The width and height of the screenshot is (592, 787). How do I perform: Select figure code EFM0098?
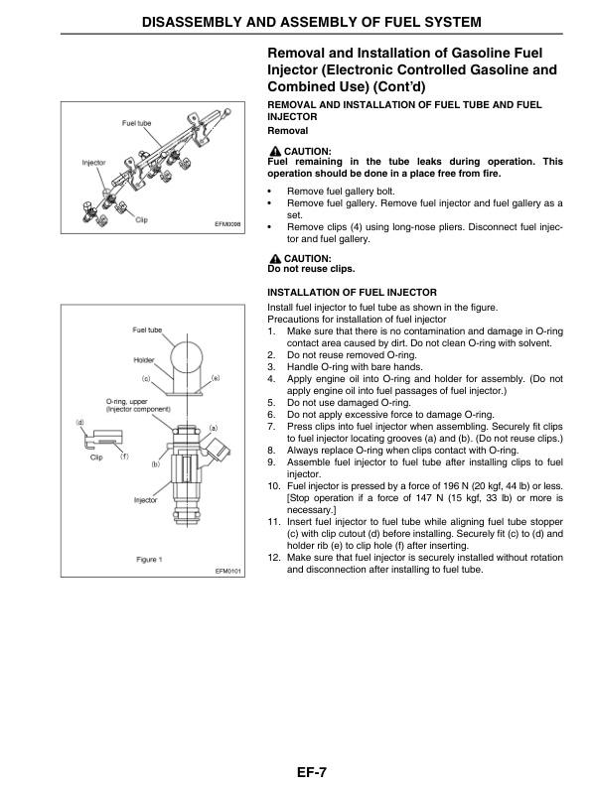point(228,224)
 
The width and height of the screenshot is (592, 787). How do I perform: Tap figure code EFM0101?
point(228,571)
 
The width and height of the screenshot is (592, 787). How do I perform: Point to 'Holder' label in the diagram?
point(144,359)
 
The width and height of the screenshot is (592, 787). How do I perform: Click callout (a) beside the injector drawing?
point(214,426)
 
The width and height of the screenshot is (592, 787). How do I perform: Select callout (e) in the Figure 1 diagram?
point(215,378)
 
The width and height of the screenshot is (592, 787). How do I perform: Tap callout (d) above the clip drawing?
point(79,423)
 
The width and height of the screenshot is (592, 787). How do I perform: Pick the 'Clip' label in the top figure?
point(141,219)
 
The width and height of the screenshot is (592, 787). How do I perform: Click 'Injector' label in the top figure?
point(93,162)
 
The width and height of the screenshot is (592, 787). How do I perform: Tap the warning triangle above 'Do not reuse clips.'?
point(275,257)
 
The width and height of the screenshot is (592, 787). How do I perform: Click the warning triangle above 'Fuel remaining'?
point(275,150)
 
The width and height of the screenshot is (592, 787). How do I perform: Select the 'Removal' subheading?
point(289,131)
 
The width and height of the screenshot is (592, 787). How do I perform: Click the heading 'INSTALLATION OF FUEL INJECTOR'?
point(353,293)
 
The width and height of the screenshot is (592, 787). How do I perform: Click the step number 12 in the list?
point(274,559)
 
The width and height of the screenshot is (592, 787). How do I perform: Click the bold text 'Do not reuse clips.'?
point(312,268)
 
